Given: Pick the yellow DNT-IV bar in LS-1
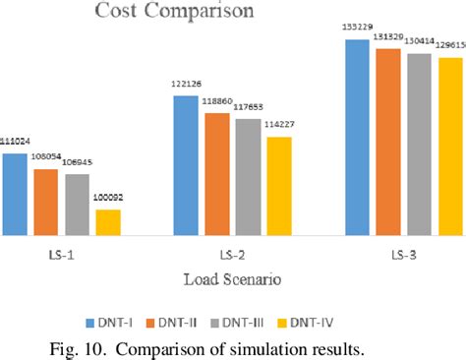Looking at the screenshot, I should point(107,222).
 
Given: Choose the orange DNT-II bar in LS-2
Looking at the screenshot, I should point(217,174).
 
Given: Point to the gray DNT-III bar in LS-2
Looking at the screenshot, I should point(248,177).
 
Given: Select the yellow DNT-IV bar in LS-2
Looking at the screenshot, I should point(279,186).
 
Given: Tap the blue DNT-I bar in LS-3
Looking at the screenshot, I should point(358,138).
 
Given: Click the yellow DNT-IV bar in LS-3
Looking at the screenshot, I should point(450,147).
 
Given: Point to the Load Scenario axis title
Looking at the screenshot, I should point(233,279).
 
